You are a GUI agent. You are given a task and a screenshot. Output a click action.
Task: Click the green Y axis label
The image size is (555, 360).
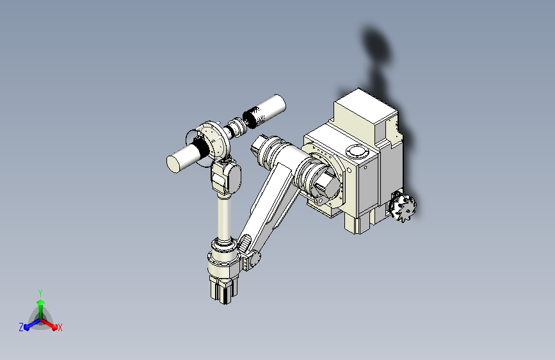pyautogui.click(x=40, y=293)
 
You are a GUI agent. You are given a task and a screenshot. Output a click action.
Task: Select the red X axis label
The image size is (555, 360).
pyautogui.click(x=60, y=328)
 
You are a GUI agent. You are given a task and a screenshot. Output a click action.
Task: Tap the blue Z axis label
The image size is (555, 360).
pyautogui.click(x=21, y=327)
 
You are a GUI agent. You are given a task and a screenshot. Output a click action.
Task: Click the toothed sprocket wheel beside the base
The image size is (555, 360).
pyautogui.click(x=403, y=206)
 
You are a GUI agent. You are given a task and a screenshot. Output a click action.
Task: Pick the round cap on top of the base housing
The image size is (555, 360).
pyautogui.click(x=357, y=151)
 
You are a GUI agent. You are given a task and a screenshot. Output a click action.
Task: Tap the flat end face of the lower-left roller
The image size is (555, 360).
pyautogui.click(x=173, y=165)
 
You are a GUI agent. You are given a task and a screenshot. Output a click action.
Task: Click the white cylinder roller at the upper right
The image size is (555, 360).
pyautogui.click(x=265, y=110)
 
